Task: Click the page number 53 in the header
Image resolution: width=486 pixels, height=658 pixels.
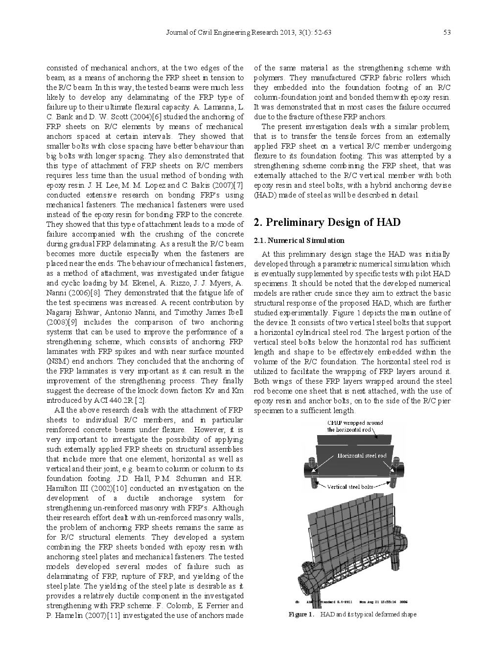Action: coord(446,33)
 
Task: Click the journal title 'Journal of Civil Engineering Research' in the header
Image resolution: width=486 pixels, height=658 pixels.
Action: coord(222,33)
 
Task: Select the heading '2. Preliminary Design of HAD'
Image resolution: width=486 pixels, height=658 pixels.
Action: coord(327,222)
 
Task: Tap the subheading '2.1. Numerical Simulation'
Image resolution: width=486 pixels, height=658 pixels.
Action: coord(299,241)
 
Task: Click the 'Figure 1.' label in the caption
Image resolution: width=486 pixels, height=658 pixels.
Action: coord(301,614)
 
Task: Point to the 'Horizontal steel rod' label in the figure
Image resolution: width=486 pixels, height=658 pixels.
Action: coord(362,456)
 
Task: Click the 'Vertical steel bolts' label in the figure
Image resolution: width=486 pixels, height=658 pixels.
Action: coord(350,486)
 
